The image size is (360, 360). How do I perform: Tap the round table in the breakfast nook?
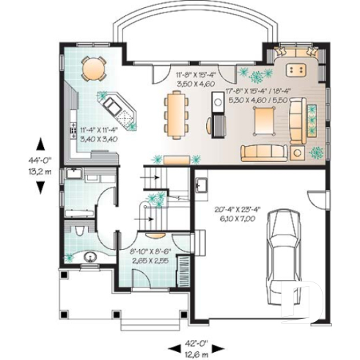point(93,68)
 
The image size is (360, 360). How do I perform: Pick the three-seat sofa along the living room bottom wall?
point(262,152)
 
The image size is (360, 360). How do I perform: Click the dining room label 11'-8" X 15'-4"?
point(196,79)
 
